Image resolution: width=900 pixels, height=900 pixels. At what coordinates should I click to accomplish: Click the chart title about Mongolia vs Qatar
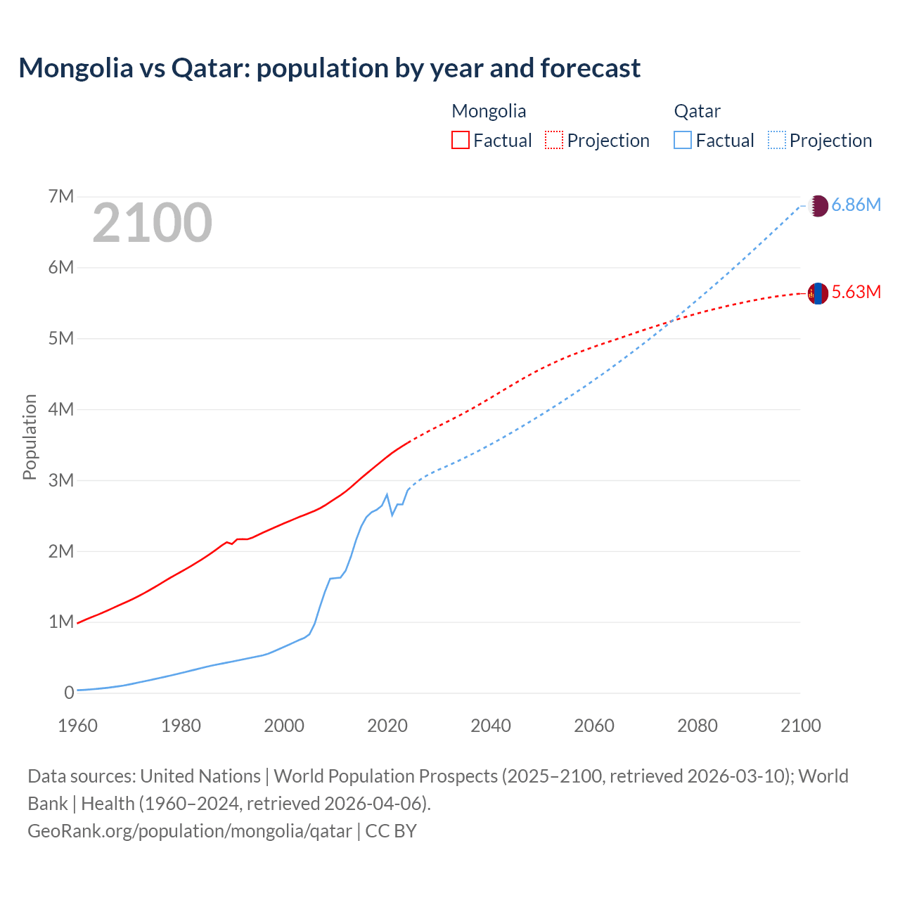tap(329, 68)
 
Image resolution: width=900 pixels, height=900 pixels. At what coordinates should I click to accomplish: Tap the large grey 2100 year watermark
tap(152, 223)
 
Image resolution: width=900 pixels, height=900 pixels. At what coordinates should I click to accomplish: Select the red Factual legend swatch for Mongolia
tap(460, 140)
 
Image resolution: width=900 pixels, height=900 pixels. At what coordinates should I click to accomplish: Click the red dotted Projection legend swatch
tap(554, 140)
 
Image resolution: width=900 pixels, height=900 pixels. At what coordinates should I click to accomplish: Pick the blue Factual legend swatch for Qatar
tap(682, 140)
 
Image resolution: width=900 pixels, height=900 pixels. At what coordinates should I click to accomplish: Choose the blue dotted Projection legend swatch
tap(776, 140)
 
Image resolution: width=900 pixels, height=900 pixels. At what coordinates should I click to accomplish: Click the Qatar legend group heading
tap(697, 111)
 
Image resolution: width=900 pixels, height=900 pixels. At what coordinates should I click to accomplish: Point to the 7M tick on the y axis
tap(61, 196)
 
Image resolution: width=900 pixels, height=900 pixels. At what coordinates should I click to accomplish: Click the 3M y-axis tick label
tap(61, 480)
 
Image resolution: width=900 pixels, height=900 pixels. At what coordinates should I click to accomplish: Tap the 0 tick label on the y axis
tap(69, 693)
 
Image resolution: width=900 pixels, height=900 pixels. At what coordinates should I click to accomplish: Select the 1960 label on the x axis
tap(77, 726)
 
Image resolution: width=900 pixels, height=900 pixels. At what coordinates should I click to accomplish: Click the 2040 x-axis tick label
tap(491, 726)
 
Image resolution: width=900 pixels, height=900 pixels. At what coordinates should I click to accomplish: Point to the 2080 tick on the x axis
tap(697, 726)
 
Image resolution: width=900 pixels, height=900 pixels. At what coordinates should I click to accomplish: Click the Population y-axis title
tap(30, 437)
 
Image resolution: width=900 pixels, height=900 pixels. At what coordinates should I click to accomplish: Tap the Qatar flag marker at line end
tap(818, 206)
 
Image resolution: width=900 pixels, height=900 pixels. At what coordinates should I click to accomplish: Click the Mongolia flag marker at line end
tap(818, 293)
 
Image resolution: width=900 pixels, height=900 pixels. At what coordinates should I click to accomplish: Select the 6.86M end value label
tap(856, 205)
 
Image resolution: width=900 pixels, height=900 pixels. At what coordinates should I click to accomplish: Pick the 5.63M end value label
tap(856, 292)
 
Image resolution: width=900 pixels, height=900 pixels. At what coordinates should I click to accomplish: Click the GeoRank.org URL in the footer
tap(189, 830)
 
